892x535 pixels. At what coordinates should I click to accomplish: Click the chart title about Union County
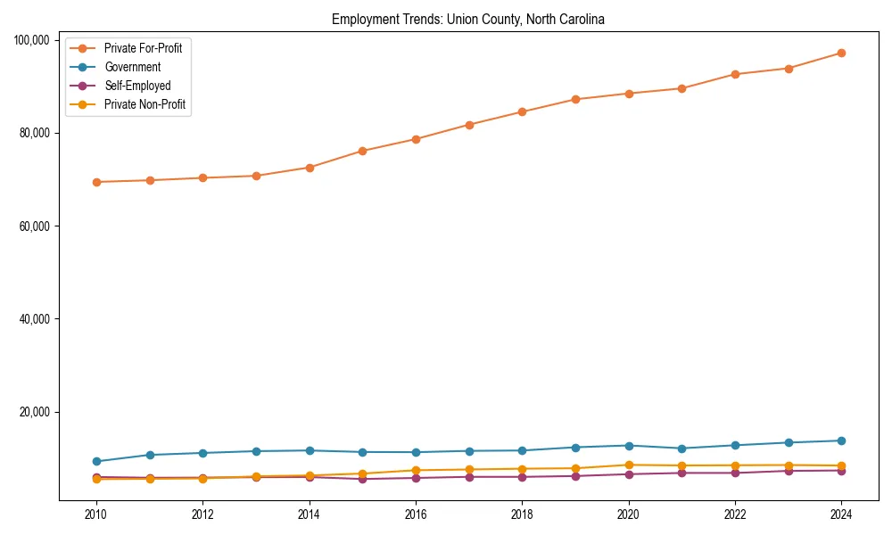point(468,20)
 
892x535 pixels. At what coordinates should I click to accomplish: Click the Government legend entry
point(132,67)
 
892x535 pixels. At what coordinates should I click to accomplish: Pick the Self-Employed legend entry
point(136,86)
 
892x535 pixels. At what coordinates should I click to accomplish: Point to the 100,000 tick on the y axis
point(37,40)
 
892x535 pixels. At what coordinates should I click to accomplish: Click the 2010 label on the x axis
point(96,514)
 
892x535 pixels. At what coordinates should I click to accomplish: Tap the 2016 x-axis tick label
point(416,514)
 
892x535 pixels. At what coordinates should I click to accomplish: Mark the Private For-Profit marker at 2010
point(96,182)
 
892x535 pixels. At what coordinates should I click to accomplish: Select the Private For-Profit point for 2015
point(362,151)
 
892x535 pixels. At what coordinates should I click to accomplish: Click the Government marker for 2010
point(96,461)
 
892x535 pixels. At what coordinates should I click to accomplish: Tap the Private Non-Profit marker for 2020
point(628,465)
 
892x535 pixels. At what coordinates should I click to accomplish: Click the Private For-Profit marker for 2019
point(575,99)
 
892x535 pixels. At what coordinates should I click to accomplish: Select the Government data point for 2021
point(681,449)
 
